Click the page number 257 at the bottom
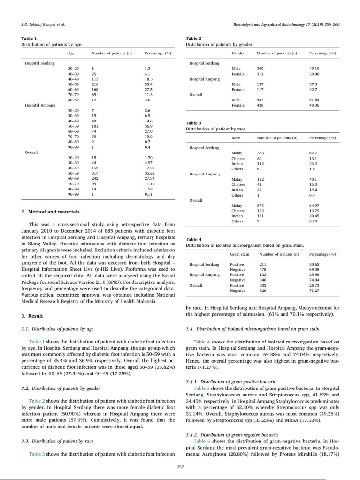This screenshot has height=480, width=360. (180, 466)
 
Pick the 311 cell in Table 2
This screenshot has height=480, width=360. (260, 74)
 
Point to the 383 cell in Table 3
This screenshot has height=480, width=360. (260, 153)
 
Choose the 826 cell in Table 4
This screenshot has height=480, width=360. (263, 291)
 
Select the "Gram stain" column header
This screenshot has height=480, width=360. (239, 254)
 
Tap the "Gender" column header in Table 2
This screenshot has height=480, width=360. (238, 53)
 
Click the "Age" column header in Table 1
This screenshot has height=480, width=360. (71, 53)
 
